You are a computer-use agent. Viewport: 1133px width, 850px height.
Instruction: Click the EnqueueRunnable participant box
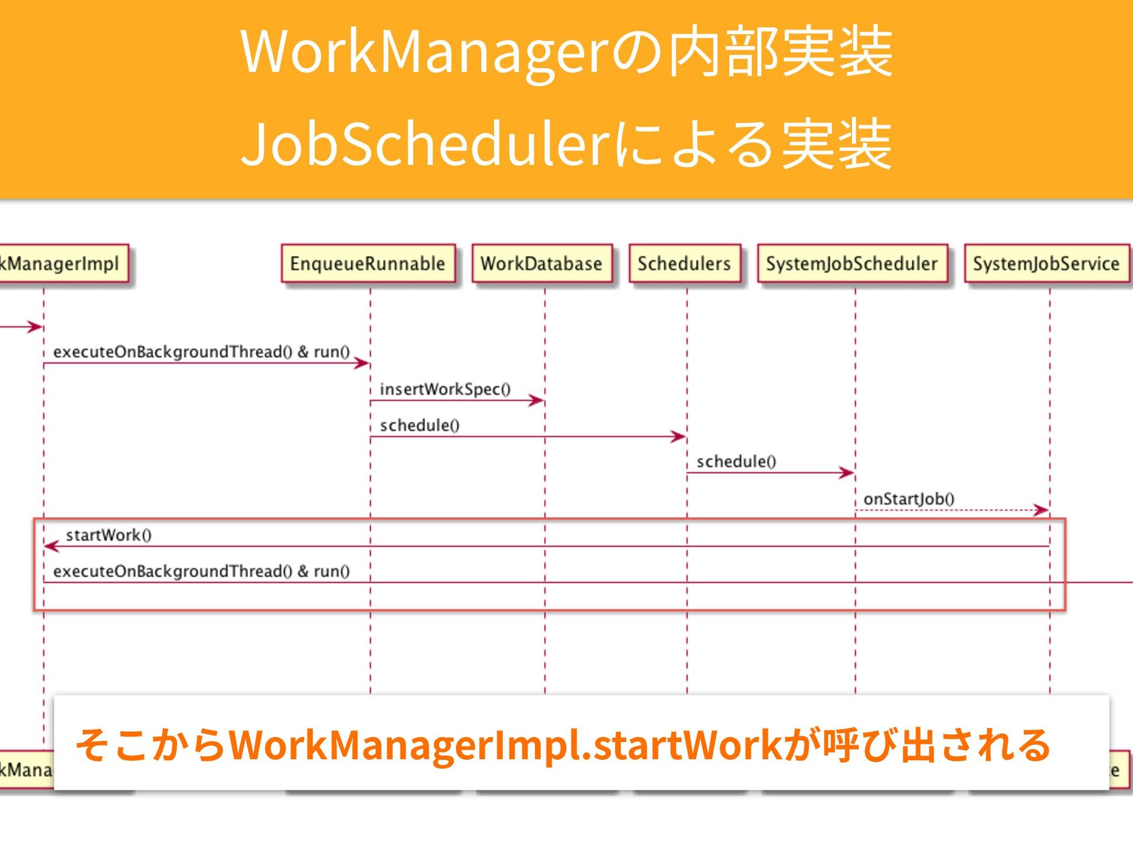pyautogui.click(x=368, y=263)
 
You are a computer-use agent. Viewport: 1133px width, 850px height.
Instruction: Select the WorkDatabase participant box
pyautogui.click(x=542, y=263)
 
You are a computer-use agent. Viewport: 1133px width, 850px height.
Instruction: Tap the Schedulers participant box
pyautogui.click(x=685, y=263)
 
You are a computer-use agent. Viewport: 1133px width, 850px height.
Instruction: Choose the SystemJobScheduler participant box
pyautogui.click(x=852, y=263)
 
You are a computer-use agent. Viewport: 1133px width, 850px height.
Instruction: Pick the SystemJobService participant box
pyautogui.click(x=1046, y=263)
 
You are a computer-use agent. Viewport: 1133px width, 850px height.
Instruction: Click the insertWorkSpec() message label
pyautogui.click(x=445, y=389)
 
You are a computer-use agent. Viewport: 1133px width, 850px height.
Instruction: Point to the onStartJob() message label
pyautogui.click(x=909, y=499)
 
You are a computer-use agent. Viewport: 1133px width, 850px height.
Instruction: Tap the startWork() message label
pyautogui.click(x=109, y=535)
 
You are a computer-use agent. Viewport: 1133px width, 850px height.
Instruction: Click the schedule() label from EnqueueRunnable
pyautogui.click(x=420, y=425)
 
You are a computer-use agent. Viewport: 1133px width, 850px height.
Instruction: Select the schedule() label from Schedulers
pyautogui.click(x=736, y=461)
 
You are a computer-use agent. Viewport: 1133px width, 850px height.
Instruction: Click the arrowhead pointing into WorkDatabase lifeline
pyautogui.click(x=536, y=401)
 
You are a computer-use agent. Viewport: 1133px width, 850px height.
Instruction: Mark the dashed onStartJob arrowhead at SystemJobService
pyautogui.click(x=1042, y=510)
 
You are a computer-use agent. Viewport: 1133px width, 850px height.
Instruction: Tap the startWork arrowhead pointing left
pyautogui.click(x=52, y=547)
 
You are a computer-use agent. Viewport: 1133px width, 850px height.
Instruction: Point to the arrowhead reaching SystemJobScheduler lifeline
pyautogui.click(x=847, y=473)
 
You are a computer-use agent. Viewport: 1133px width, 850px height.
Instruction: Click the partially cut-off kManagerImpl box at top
pyautogui.click(x=62, y=263)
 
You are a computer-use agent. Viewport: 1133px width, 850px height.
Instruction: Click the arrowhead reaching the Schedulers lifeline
pyautogui.click(x=679, y=437)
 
